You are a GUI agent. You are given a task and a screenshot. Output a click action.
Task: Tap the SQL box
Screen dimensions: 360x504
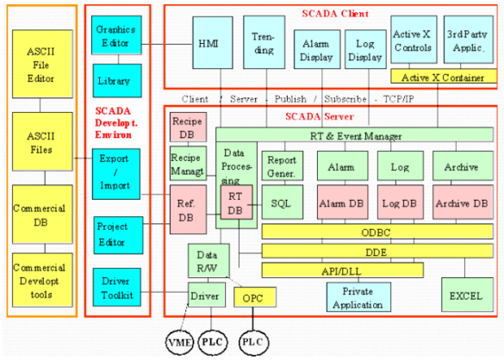coord(281,202)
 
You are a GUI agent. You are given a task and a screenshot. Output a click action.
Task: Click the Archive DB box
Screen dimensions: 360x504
coord(463,202)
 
